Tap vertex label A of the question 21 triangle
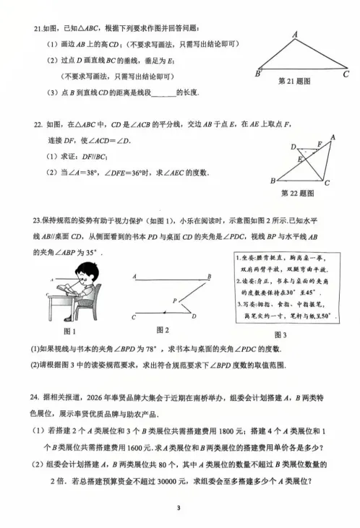coord(296,34)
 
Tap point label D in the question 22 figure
coord(293,147)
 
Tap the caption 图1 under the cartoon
coord(70,332)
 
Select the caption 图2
coord(162,330)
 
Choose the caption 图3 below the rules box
coord(280,335)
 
